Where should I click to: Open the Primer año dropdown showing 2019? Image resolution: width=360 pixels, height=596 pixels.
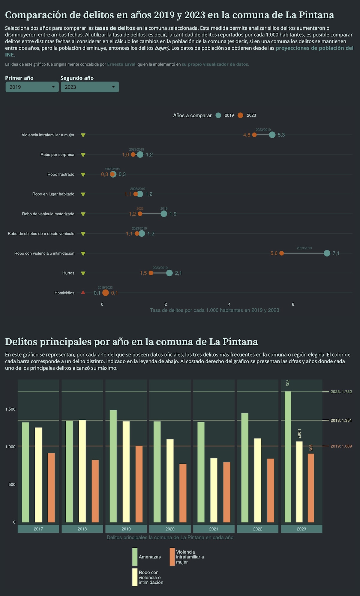pyautogui.click(x=32, y=87)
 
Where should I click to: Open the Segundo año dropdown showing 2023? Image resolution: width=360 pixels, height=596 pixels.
pyautogui.click(x=90, y=87)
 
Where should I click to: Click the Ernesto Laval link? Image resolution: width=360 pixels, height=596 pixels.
pyautogui.click(x=121, y=64)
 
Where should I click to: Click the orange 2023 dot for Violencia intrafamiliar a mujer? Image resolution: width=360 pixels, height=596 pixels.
pyautogui.click(x=254, y=135)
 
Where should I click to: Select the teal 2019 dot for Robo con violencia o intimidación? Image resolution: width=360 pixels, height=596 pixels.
pyautogui.click(x=327, y=253)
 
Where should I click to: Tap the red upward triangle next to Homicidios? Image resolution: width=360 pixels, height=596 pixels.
pyautogui.click(x=83, y=292)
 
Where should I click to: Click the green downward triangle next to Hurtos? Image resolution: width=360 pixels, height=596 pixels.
pyautogui.click(x=83, y=273)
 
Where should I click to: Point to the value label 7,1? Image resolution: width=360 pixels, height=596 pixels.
pyautogui.click(x=336, y=253)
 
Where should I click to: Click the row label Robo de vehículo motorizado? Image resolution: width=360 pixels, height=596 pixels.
pyautogui.click(x=48, y=214)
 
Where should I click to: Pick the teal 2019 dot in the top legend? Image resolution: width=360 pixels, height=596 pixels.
pyautogui.click(x=218, y=115)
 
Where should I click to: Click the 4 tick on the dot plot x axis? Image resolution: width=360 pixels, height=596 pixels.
pyautogui.click(x=229, y=304)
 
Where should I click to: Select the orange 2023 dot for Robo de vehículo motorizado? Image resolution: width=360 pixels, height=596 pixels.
pyautogui.click(x=140, y=214)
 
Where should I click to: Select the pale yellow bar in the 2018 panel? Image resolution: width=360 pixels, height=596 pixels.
pyautogui.click(x=82, y=471)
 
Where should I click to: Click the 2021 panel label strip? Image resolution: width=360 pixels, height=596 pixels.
pyautogui.click(x=214, y=529)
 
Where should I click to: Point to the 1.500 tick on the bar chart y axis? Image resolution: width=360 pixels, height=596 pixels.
pyautogui.click(x=10, y=409)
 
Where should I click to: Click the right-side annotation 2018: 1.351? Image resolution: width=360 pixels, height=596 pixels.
pyautogui.click(x=341, y=421)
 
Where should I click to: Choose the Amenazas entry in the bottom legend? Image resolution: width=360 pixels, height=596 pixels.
pyautogui.click(x=150, y=557)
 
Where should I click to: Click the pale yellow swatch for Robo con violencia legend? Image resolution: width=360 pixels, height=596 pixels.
pyautogui.click(x=135, y=577)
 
